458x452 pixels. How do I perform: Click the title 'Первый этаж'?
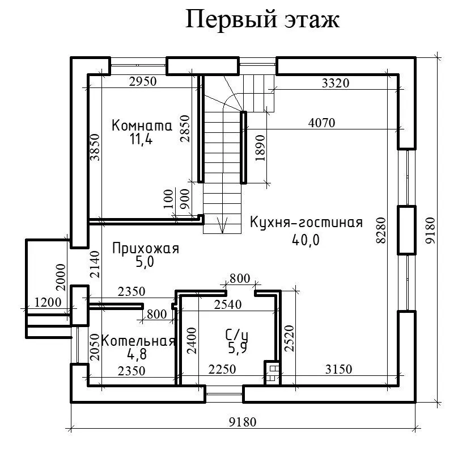tap(263, 19)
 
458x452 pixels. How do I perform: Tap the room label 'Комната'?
tap(141, 125)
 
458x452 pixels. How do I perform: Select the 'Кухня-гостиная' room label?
tap(306, 222)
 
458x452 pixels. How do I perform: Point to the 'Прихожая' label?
tap(146, 248)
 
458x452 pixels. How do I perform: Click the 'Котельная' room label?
tap(138, 341)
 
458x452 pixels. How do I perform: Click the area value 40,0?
tap(306, 240)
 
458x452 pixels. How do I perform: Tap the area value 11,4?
tap(141, 139)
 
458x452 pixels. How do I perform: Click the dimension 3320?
tap(336, 83)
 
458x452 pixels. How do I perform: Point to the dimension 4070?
tap(322, 122)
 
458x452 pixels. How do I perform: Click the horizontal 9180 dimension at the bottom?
tap(242, 422)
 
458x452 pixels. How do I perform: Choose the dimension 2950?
tap(142, 81)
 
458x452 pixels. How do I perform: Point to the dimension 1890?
tap(260, 148)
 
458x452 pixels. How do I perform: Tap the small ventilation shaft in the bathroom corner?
tap(273, 373)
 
